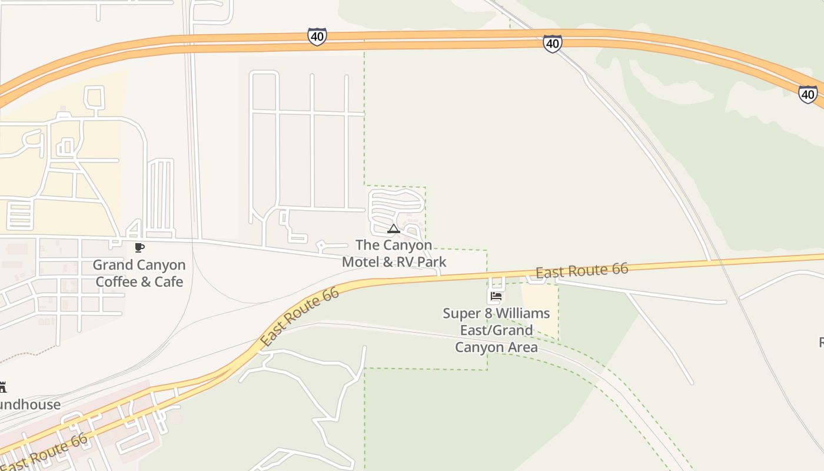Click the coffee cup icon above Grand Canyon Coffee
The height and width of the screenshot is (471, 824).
tap(139, 248)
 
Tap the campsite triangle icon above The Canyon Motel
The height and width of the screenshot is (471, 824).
tap(394, 229)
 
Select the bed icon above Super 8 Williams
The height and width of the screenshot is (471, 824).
tap(496, 296)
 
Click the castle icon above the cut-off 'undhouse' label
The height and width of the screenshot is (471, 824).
tap(2, 387)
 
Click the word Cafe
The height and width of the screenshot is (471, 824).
tap(168, 282)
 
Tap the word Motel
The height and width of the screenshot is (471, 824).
tap(361, 262)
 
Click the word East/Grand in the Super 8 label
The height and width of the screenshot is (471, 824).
tap(496, 330)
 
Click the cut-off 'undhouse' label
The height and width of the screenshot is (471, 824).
tap(29, 404)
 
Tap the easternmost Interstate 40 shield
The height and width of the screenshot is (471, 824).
tap(808, 94)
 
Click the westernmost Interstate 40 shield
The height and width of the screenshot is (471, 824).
tap(317, 37)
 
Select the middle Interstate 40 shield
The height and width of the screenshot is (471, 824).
tap(552, 43)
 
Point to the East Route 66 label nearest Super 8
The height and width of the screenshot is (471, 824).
tap(582, 271)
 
